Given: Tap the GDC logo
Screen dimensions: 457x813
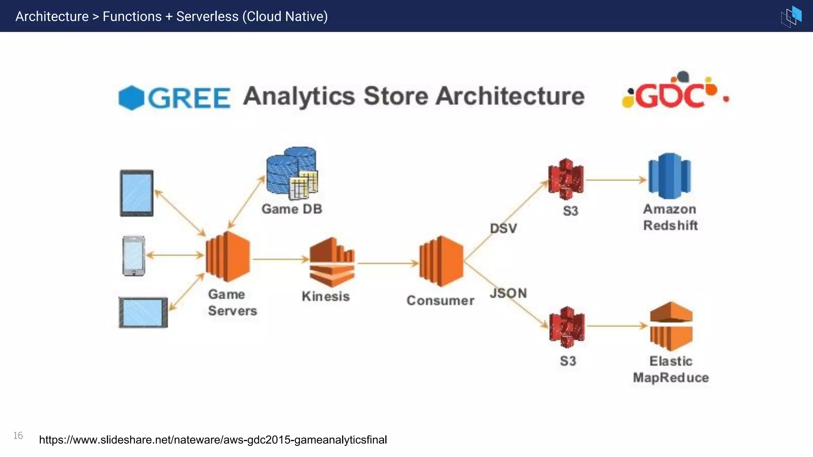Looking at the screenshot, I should tap(675, 92).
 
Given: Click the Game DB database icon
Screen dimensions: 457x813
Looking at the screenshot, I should tap(292, 173).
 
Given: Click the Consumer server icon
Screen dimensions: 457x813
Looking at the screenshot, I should tap(441, 261).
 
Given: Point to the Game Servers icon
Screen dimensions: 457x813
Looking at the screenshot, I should tap(228, 257).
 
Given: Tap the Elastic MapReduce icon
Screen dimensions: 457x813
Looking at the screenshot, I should tap(671, 326).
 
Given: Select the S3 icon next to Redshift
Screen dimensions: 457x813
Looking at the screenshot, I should tap(566, 179).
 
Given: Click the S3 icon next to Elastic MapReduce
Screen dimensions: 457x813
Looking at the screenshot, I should tap(567, 327).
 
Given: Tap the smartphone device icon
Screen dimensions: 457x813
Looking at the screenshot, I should tap(134, 256).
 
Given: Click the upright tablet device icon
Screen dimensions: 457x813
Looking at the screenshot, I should tap(137, 193).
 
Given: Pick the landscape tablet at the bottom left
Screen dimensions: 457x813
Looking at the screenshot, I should tap(143, 313).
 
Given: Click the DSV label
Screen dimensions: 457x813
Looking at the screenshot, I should tap(503, 228).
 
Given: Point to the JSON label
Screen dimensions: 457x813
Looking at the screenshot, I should tap(508, 293).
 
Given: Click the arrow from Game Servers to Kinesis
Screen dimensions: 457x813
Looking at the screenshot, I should tap(280, 259).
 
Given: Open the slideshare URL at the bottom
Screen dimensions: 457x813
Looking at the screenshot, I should tap(213, 440).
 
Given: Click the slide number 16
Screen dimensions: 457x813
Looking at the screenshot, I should tap(18, 436).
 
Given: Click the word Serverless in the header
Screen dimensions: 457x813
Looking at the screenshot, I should tap(207, 16).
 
